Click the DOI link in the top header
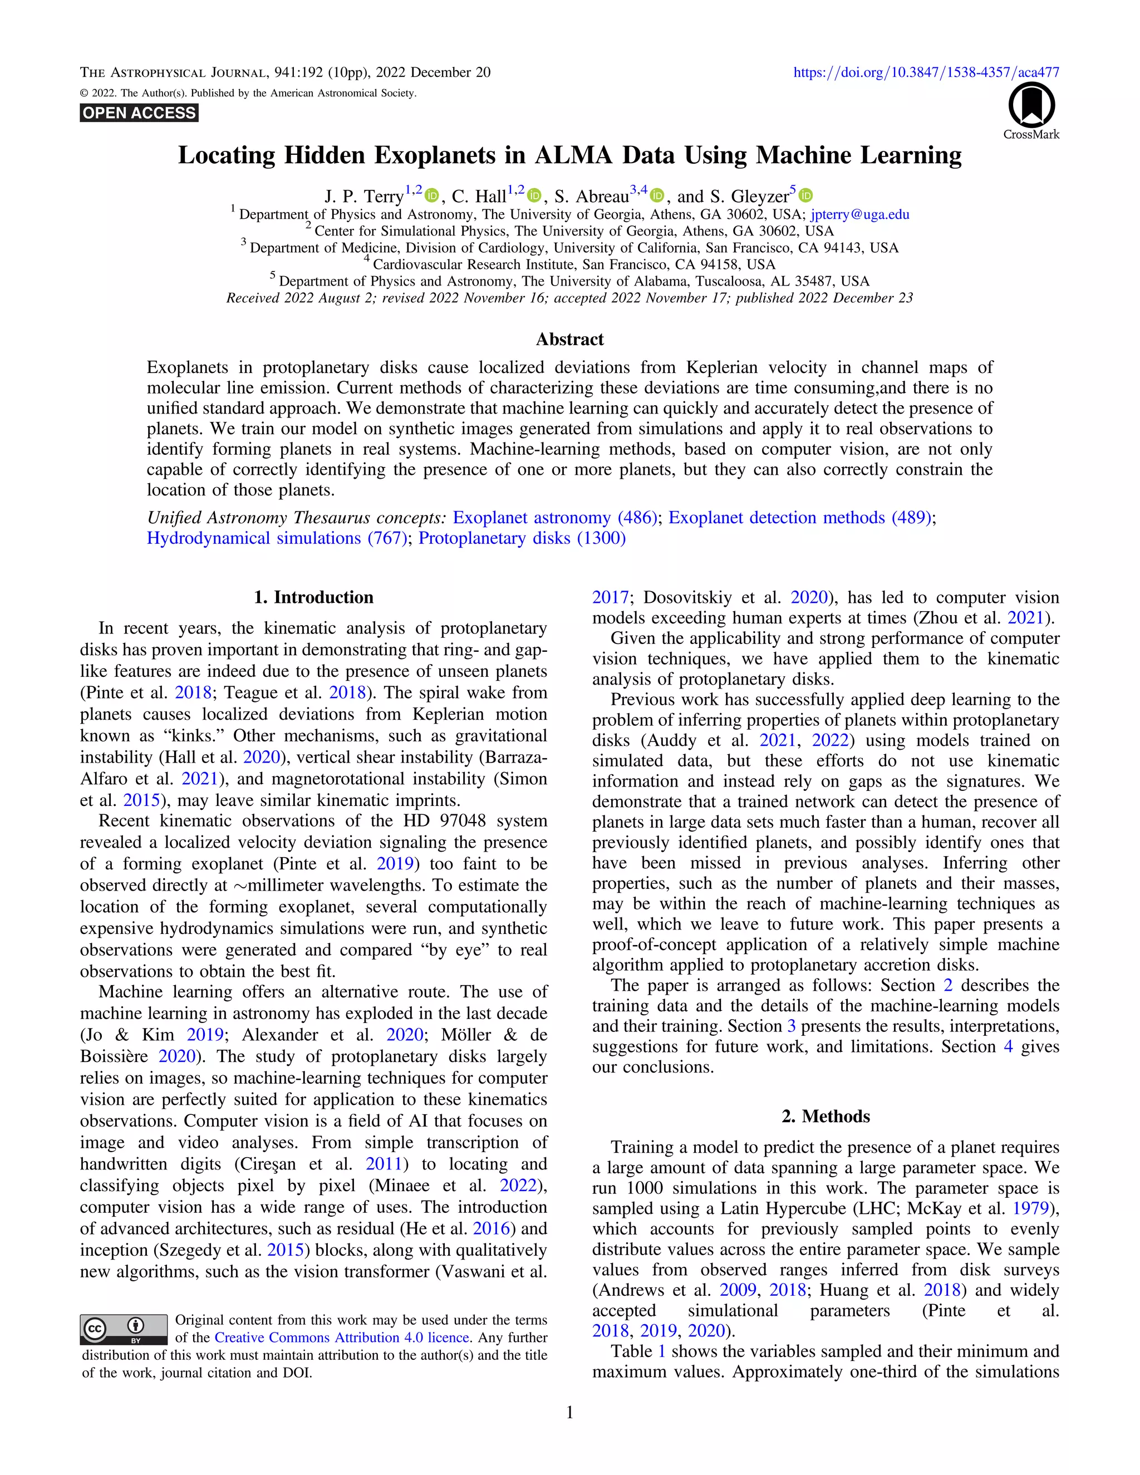pyautogui.click(x=926, y=72)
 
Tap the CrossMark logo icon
pyautogui.click(x=1031, y=105)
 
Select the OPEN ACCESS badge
pyautogui.click(x=139, y=113)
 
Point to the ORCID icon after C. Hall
pyautogui.click(x=534, y=196)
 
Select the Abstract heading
pyautogui.click(x=569, y=339)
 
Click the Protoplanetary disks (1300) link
pyautogui.click(x=522, y=538)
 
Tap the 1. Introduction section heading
pyautogui.click(x=313, y=597)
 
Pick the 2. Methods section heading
pyautogui.click(x=825, y=1117)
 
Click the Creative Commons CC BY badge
pyautogui.click(x=124, y=1329)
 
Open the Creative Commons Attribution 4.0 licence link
pyautogui.click(x=342, y=1337)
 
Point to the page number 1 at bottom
pyautogui.click(x=569, y=1412)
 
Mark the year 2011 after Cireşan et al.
pyautogui.click(x=384, y=1164)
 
